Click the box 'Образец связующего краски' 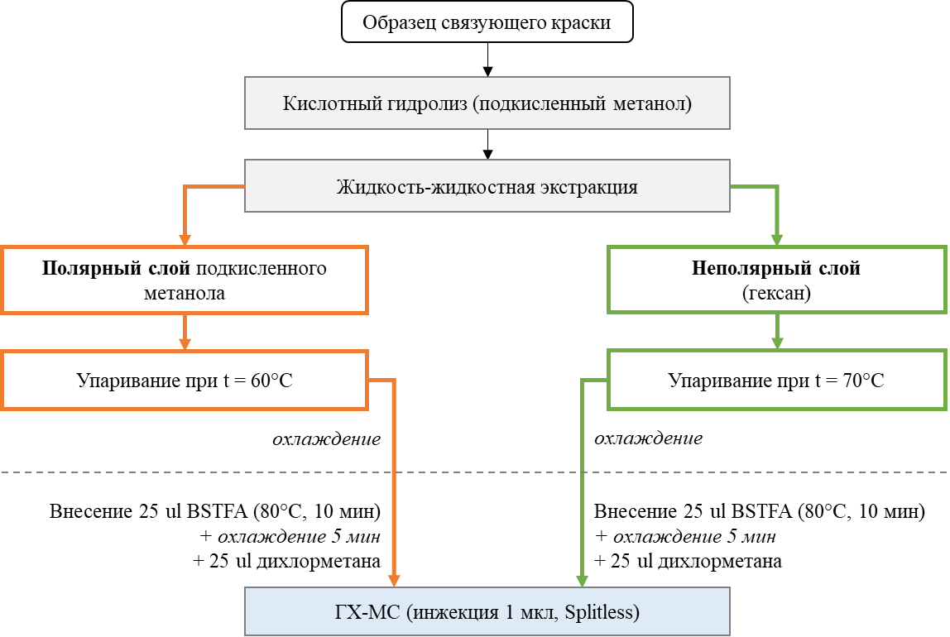click(487, 22)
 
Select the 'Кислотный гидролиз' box click(487, 103)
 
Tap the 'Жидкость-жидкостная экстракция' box click(487, 186)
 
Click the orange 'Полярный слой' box click(185, 280)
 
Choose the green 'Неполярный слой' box click(777, 280)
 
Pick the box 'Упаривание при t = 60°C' click(185, 381)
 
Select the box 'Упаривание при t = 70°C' click(777, 381)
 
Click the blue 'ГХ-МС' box click(487, 611)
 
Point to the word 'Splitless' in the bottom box click(598, 612)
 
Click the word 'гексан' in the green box click(777, 293)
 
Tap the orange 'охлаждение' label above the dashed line click(327, 438)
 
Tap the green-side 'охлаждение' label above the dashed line click(648, 438)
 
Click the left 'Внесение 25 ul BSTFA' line click(215, 511)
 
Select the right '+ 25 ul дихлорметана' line click(688, 561)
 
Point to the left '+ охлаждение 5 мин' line click(290, 536)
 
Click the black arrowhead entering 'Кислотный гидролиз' click(487, 71)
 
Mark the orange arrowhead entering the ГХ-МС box click(394, 581)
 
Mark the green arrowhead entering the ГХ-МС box click(582, 581)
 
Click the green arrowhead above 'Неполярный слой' click(777, 240)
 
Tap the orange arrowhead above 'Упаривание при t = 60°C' click(185, 344)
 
